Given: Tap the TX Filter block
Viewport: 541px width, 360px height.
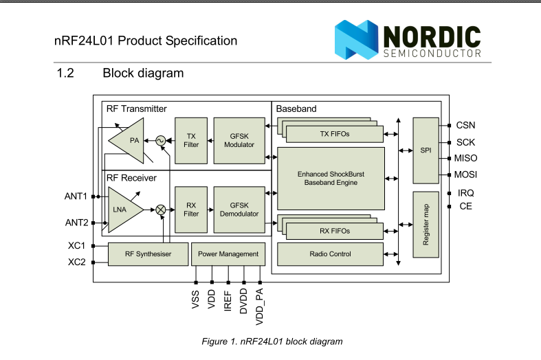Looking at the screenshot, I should click(x=191, y=140).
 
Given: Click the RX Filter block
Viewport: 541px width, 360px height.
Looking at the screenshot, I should click(x=191, y=209).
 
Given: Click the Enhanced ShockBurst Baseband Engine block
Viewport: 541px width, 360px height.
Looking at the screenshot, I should click(x=331, y=179).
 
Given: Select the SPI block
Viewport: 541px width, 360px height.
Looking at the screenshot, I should click(x=426, y=149).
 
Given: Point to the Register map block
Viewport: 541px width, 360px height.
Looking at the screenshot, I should click(x=426, y=225).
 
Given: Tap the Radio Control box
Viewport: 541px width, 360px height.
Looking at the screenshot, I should click(x=331, y=254).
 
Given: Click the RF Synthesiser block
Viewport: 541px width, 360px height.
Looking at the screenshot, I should click(x=148, y=254).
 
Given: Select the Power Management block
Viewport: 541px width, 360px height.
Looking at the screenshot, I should click(x=228, y=254).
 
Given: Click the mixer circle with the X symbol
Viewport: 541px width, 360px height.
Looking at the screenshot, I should click(x=161, y=210).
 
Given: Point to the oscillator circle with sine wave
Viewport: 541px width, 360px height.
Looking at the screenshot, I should click(x=161, y=141).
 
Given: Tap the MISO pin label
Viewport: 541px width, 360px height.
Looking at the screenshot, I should click(x=465, y=159).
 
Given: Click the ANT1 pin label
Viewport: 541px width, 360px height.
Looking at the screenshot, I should click(x=76, y=196).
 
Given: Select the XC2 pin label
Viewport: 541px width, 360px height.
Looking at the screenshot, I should click(x=76, y=262).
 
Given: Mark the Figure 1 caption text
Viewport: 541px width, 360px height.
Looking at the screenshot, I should click(x=272, y=341).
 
